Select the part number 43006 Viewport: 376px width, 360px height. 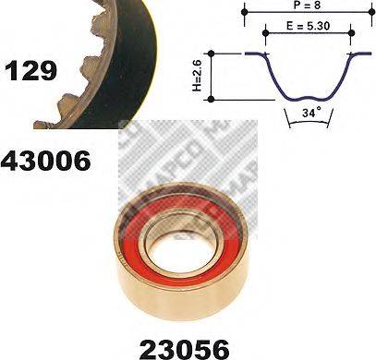[x=46, y=162]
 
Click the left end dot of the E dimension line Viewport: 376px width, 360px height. [x=267, y=35]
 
